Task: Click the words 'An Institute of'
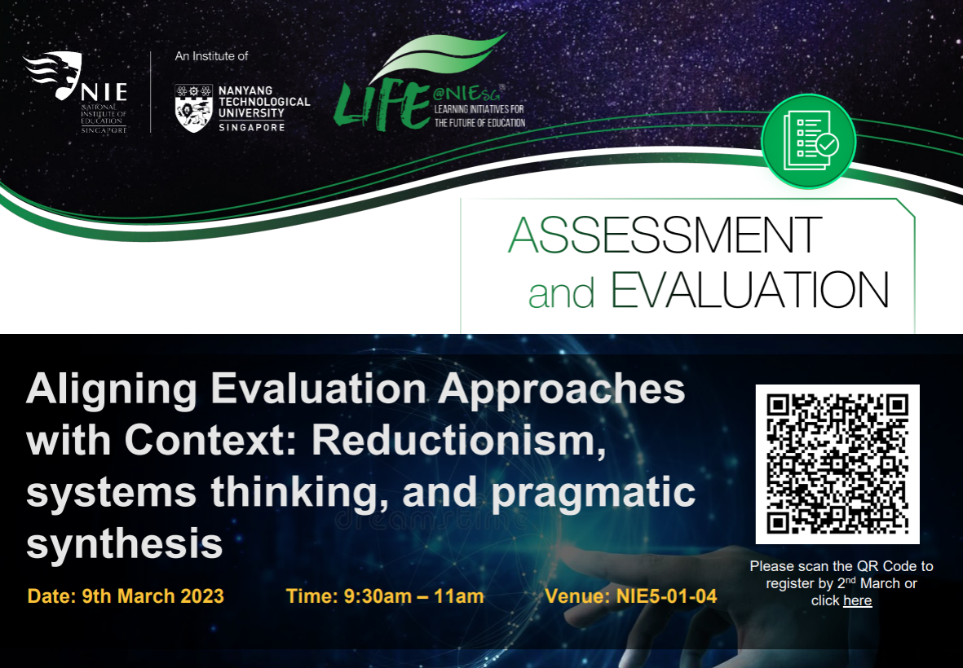click(211, 56)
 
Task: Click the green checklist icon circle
click(808, 140)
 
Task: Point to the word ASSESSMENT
click(665, 235)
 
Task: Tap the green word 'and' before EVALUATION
click(562, 293)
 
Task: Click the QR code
click(837, 464)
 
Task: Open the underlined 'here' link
click(857, 601)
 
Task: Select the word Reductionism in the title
click(458, 442)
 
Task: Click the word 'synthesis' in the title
click(124, 543)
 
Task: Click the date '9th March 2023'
click(152, 596)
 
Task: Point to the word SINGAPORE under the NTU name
click(251, 127)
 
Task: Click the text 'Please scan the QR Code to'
click(841, 566)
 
